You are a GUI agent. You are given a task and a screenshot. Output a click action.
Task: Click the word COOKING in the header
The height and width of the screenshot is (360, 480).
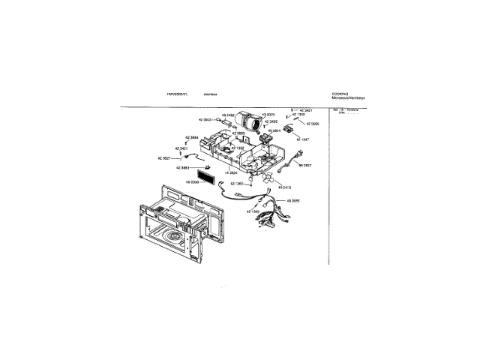point(339,94)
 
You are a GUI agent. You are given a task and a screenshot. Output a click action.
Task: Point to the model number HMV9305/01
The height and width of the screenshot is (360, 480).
point(177,94)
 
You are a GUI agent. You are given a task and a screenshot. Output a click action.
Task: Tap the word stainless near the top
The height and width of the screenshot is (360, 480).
point(210,94)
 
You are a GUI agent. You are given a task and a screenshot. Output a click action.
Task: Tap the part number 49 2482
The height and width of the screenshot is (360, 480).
point(227,115)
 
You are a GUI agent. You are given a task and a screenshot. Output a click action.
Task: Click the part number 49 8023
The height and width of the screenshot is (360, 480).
point(268,115)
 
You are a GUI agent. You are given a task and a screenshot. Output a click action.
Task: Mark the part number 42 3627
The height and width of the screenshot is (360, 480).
point(164,158)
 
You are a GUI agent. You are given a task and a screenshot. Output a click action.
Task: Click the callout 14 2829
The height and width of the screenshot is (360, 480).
point(231,172)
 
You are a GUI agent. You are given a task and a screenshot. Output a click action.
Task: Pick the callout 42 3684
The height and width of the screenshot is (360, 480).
point(190,137)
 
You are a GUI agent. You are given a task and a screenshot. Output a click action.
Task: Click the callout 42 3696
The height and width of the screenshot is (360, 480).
point(310,123)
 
